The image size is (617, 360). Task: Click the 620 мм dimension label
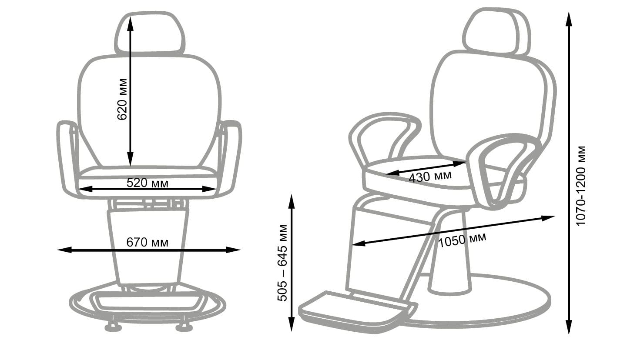click(x=122, y=100)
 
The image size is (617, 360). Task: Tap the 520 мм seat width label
click(x=148, y=183)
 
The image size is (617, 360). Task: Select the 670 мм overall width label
click(x=148, y=242)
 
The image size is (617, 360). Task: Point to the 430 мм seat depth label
click(x=430, y=177)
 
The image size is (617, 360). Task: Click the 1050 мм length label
click(x=462, y=240)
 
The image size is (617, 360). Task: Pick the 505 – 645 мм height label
click(x=282, y=263)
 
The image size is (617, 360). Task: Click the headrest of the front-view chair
click(x=150, y=33)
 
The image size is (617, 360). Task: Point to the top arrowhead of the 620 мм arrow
click(x=130, y=23)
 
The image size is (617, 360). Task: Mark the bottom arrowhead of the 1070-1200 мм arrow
click(x=569, y=327)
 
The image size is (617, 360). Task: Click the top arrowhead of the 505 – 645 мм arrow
click(x=292, y=201)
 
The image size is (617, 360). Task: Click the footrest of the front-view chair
click(x=149, y=303)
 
